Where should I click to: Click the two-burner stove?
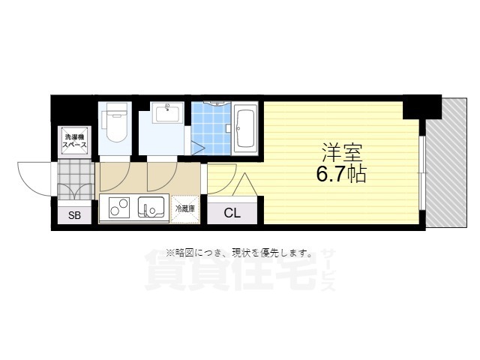120,205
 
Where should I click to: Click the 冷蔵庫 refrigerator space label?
185,208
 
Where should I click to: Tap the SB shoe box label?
74,216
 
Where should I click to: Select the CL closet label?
232,212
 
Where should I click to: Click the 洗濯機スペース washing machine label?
75,140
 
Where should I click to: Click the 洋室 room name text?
342,154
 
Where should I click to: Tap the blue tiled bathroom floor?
210,127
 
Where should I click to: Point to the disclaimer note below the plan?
239,253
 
